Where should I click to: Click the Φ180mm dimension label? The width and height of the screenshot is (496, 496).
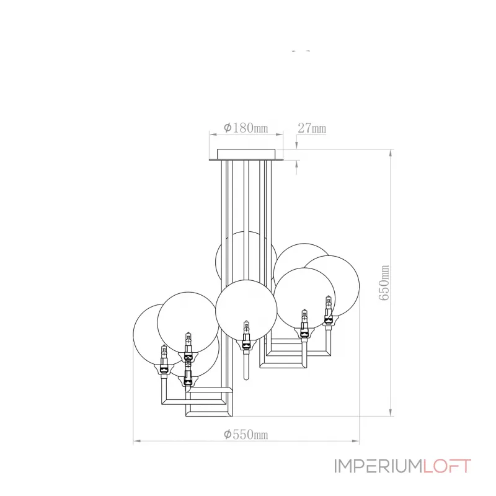(x=246, y=128)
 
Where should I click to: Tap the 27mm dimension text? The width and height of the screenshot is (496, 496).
(x=312, y=128)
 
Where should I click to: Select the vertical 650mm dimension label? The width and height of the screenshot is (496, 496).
(x=384, y=283)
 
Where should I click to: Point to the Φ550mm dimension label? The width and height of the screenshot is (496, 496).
(x=246, y=435)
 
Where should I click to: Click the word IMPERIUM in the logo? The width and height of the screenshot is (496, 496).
(x=378, y=466)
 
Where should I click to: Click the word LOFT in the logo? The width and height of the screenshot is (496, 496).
(x=447, y=466)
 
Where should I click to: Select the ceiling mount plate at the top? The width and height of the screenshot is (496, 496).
(x=246, y=154)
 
